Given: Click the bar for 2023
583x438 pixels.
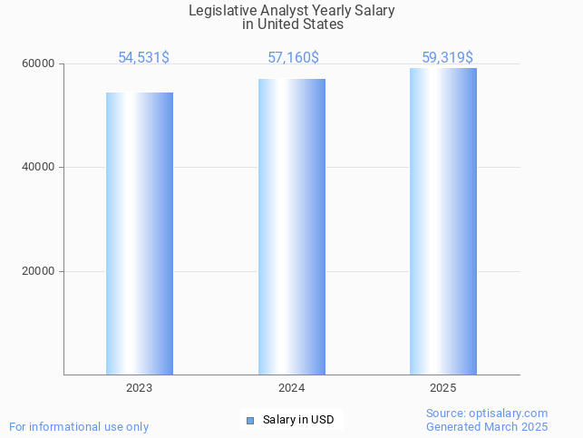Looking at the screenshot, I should tap(140, 233).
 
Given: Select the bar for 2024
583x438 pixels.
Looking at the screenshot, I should tap(292, 227).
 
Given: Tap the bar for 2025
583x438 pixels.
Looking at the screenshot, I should tap(443, 221).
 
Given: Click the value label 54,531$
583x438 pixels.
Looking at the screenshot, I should tap(143, 58).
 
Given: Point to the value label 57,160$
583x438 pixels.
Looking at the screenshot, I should tap(293, 58).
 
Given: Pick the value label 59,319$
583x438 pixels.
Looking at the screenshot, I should tap(447, 58).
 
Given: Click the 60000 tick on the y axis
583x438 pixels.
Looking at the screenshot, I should tap(40, 63).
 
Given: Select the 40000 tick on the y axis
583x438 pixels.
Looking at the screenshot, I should tap(40, 167).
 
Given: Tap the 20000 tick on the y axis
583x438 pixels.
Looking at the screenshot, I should tap(40, 271).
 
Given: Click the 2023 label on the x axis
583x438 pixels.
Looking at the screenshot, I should tap(140, 388).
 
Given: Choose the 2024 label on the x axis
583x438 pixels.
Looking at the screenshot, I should tap(292, 388).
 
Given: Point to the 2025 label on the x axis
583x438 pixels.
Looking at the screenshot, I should tap(443, 388).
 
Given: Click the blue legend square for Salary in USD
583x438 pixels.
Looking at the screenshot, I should tap(250, 420).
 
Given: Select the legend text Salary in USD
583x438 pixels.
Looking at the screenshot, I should tap(298, 420).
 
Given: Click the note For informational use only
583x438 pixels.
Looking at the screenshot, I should tap(79, 426).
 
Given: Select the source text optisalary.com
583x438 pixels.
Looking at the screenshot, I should tap(509, 414).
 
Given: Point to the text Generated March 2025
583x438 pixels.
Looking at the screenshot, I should tap(487, 426).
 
